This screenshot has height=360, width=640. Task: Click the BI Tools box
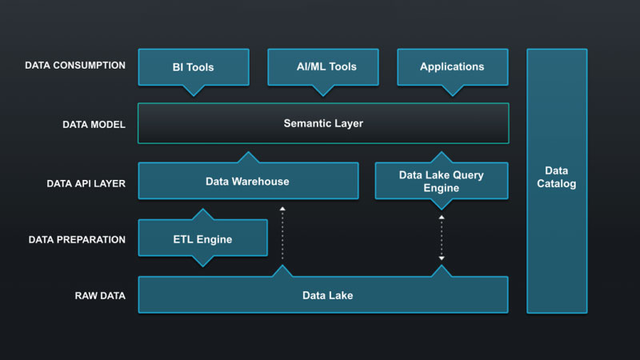click(x=193, y=67)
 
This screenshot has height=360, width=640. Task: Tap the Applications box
click(x=452, y=67)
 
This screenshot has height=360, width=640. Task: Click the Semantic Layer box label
click(x=323, y=124)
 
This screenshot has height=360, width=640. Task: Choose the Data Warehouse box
click(x=248, y=181)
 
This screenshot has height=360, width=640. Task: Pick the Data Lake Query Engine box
click(x=441, y=181)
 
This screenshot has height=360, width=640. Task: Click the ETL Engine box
click(x=202, y=238)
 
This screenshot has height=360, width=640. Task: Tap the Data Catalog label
click(x=557, y=177)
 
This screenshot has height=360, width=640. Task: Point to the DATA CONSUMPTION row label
click(x=75, y=66)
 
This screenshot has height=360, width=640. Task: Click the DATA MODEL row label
click(x=94, y=125)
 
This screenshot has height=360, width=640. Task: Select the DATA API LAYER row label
click(x=86, y=182)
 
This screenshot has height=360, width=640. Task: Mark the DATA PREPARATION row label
click(x=77, y=239)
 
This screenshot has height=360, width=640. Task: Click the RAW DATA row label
click(x=100, y=296)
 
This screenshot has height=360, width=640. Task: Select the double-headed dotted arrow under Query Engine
click(x=441, y=238)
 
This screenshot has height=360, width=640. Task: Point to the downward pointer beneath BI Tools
click(x=193, y=90)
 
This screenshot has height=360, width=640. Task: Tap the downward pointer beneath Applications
click(x=452, y=90)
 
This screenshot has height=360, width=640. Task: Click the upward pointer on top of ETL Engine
click(x=202, y=214)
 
